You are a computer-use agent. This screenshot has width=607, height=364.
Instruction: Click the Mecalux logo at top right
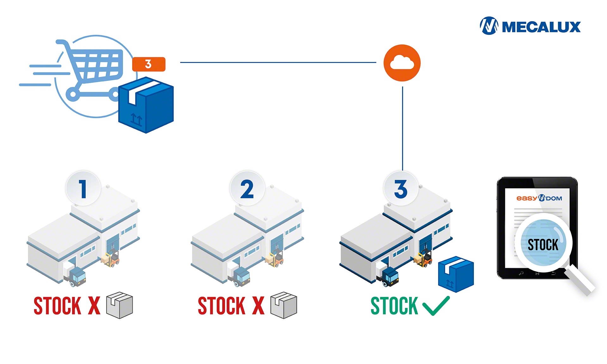pos(530,26)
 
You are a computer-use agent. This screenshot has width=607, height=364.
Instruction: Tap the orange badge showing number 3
pos(149,64)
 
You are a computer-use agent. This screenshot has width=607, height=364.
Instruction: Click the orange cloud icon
pos(402,63)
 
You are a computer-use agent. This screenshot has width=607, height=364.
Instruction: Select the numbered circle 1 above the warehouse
pos(83,189)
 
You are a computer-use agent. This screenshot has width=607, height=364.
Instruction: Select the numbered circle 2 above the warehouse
pos(247,189)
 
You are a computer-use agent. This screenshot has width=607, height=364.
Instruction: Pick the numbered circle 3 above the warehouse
pos(401,189)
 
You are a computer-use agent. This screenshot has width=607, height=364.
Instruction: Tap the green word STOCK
pos(394,306)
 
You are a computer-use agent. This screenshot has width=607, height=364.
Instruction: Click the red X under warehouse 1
pos(94,306)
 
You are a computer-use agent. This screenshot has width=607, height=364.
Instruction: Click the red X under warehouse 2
pos(258,306)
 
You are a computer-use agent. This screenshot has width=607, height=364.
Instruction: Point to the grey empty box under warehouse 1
pos(120,305)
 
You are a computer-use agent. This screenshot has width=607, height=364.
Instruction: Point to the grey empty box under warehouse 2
pos(284,305)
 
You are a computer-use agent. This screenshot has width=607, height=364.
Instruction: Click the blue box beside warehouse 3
pos(456,274)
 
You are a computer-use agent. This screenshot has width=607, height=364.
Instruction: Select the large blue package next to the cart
pos(146,105)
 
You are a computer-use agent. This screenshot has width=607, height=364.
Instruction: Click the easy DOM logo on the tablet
pos(539,198)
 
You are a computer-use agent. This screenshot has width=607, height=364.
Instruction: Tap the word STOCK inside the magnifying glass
pos(543,245)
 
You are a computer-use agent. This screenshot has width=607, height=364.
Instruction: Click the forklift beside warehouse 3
pos(425,258)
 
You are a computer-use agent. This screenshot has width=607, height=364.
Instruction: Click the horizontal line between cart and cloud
pos(278,62)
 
